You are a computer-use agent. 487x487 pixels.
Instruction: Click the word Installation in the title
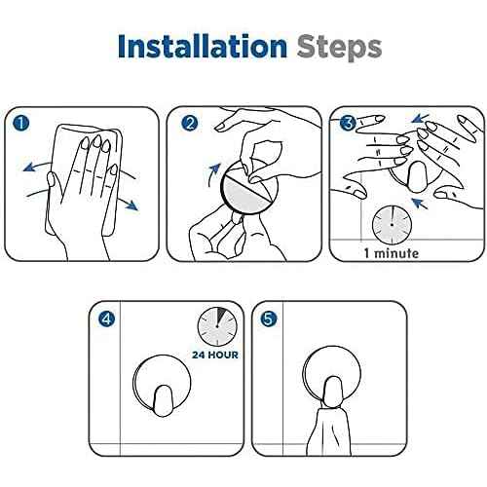click(x=203, y=47)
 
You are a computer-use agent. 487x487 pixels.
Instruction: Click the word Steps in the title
click(x=339, y=49)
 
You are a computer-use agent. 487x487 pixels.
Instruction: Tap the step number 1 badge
click(x=21, y=124)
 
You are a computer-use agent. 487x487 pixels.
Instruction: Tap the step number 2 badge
click(x=190, y=124)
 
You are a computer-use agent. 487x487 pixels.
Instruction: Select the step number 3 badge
click(x=348, y=123)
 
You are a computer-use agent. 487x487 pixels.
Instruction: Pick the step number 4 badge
click(x=106, y=319)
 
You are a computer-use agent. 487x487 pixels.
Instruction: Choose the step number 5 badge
click(x=269, y=318)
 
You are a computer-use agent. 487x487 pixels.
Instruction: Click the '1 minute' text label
click(x=392, y=253)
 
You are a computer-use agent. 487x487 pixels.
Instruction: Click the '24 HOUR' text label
click(x=215, y=355)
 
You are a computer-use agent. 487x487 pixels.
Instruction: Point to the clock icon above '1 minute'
click(x=392, y=225)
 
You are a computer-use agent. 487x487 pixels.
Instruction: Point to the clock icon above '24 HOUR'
click(x=217, y=326)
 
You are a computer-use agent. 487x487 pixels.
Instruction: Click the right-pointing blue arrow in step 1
click(x=128, y=202)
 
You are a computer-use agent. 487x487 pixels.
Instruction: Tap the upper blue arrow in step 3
click(x=420, y=118)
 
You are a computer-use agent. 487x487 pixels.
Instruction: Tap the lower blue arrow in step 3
click(x=420, y=204)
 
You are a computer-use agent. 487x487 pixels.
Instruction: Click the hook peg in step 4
click(x=163, y=400)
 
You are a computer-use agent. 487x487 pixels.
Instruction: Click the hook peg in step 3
click(x=420, y=177)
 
